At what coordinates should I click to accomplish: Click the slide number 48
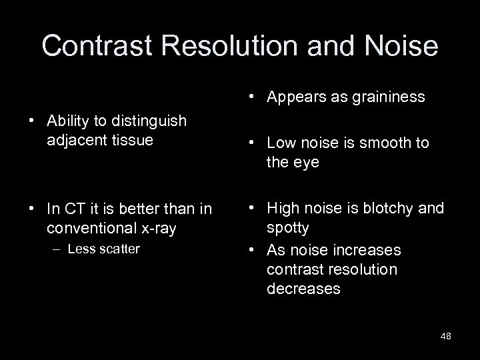click(445, 336)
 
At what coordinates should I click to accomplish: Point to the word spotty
click(287, 227)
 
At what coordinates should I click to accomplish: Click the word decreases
click(303, 289)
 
